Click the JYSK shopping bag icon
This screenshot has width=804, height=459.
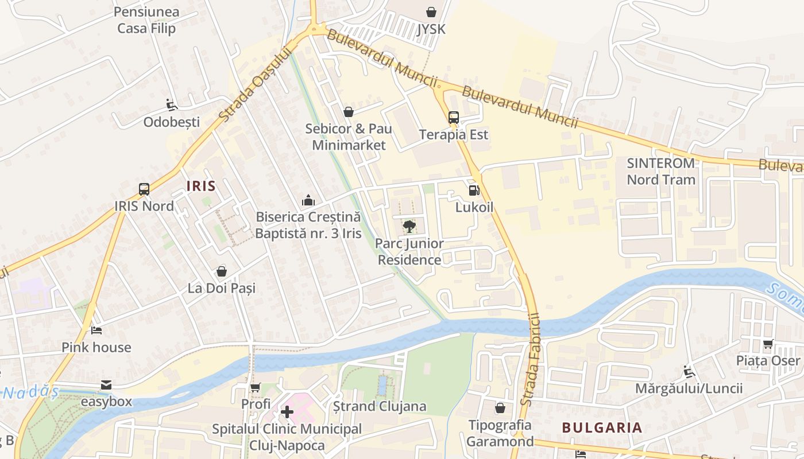pyautogui.click(x=431, y=11)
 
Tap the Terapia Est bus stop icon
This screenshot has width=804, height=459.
pyautogui.click(x=453, y=118)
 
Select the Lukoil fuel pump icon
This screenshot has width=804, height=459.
pyautogui.click(x=474, y=190)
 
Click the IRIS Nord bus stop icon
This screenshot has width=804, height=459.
pyautogui.click(x=144, y=189)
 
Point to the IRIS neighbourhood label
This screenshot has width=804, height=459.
pyautogui.click(x=201, y=186)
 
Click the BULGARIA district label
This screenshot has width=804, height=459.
pyautogui.click(x=602, y=427)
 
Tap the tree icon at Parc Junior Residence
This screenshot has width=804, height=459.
pyautogui.click(x=409, y=227)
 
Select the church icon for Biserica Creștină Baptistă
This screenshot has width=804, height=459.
pyautogui.click(x=308, y=200)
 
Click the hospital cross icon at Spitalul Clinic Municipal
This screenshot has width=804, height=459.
pyautogui.click(x=287, y=412)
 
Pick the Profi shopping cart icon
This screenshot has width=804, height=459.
pyautogui.click(x=256, y=388)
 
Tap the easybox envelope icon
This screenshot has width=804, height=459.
pyautogui.click(x=106, y=384)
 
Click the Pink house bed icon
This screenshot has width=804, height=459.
pyautogui.click(x=96, y=330)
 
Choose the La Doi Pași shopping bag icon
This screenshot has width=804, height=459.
pyautogui.click(x=222, y=271)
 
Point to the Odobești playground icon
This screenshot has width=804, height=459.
pyautogui.click(x=171, y=104)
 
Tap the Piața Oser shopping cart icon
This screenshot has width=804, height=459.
pyautogui.click(x=768, y=344)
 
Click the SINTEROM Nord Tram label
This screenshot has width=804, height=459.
pyautogui.click(x=660, y=171)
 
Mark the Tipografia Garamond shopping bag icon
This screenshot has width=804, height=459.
pyautogui.click(x=500, y=408)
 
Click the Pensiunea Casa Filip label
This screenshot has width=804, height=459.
pyautogui.click(x=146, y=20)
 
